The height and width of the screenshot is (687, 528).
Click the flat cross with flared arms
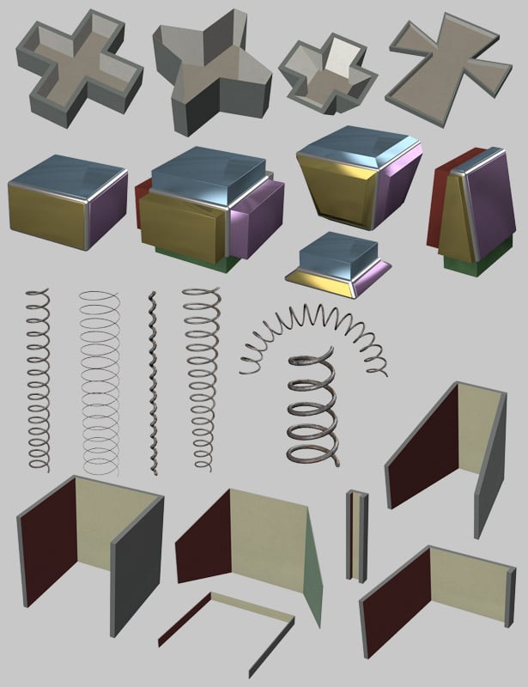(442, 69)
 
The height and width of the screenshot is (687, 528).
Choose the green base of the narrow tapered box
(463, 266)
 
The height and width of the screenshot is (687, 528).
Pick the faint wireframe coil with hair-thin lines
(102, 382)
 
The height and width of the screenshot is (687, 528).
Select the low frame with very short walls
(228, 631)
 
